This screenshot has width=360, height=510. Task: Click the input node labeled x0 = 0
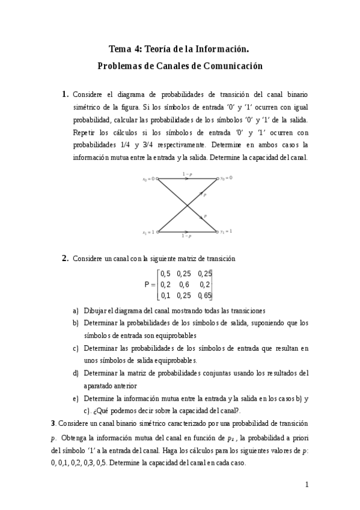click(157, 179)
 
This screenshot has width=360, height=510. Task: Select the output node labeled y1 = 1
click(217, 232)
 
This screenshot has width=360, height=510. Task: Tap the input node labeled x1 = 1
click(157, 232)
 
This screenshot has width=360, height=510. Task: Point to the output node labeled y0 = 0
click(217, 179)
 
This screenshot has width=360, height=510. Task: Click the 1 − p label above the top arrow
click(187, 174)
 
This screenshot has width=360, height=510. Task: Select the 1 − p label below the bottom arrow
click(187, 236)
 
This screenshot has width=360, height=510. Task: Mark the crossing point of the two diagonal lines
click(188, 205)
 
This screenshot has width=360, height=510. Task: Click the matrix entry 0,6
click(184, 284)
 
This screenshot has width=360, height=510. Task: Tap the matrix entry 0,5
click(165, 274)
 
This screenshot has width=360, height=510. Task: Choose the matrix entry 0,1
click(165, 295)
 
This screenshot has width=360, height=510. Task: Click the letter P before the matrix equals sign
click(147, 285)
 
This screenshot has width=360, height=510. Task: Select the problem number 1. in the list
click(66, 94)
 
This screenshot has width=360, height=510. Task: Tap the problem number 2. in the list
click(66, 259)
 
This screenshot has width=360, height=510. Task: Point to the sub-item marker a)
click(76, 311)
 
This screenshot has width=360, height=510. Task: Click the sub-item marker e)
click(76, 398)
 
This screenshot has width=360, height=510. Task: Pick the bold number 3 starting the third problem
click(53, 423)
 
